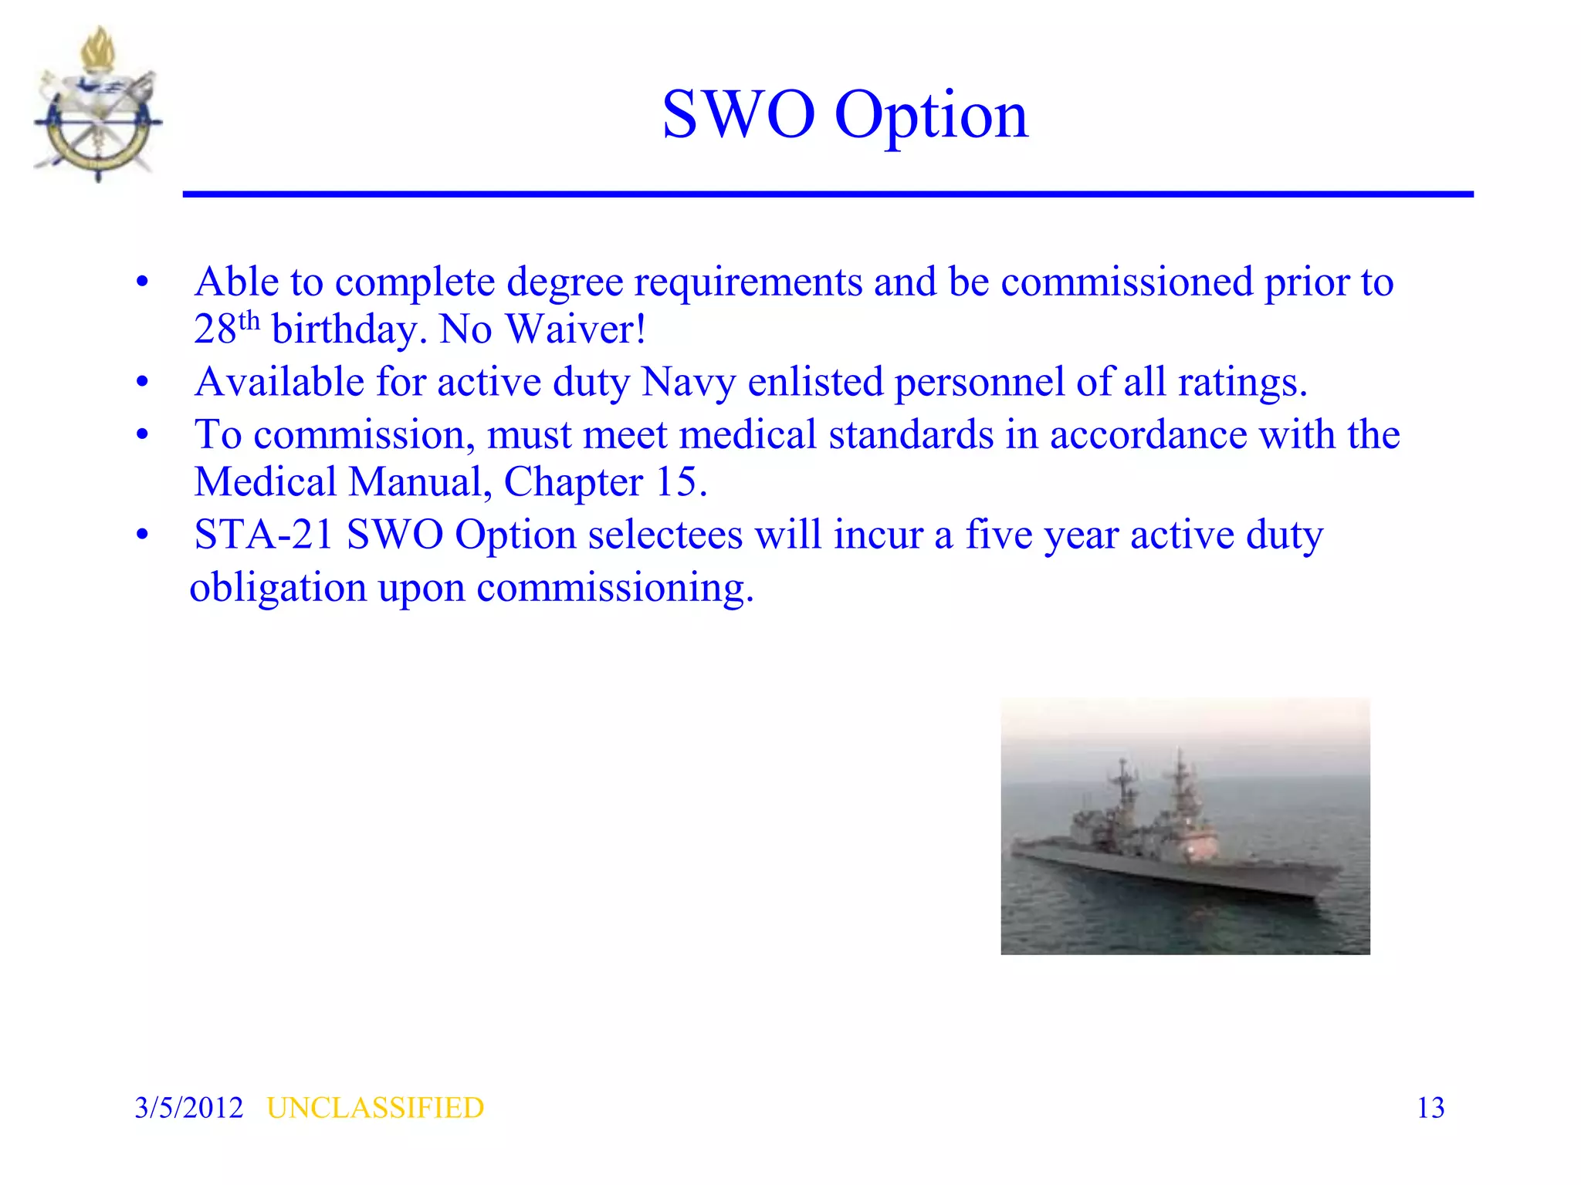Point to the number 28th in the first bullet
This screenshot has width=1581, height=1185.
(x=226, y=328)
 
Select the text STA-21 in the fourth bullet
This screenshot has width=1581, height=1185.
(x=263, y=535)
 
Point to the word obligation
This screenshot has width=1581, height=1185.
(x=277, y=588)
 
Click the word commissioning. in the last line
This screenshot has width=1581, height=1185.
(x=614, y=588)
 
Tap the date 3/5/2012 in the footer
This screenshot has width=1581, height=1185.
(x=188, y=1108)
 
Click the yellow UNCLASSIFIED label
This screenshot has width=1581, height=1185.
(x=375, y=1108)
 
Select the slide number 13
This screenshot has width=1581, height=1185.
(x=1430, y=1108)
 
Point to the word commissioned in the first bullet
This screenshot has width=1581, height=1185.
(x=1126, y=282)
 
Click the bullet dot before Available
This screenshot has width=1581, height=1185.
(x=142, y=382)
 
